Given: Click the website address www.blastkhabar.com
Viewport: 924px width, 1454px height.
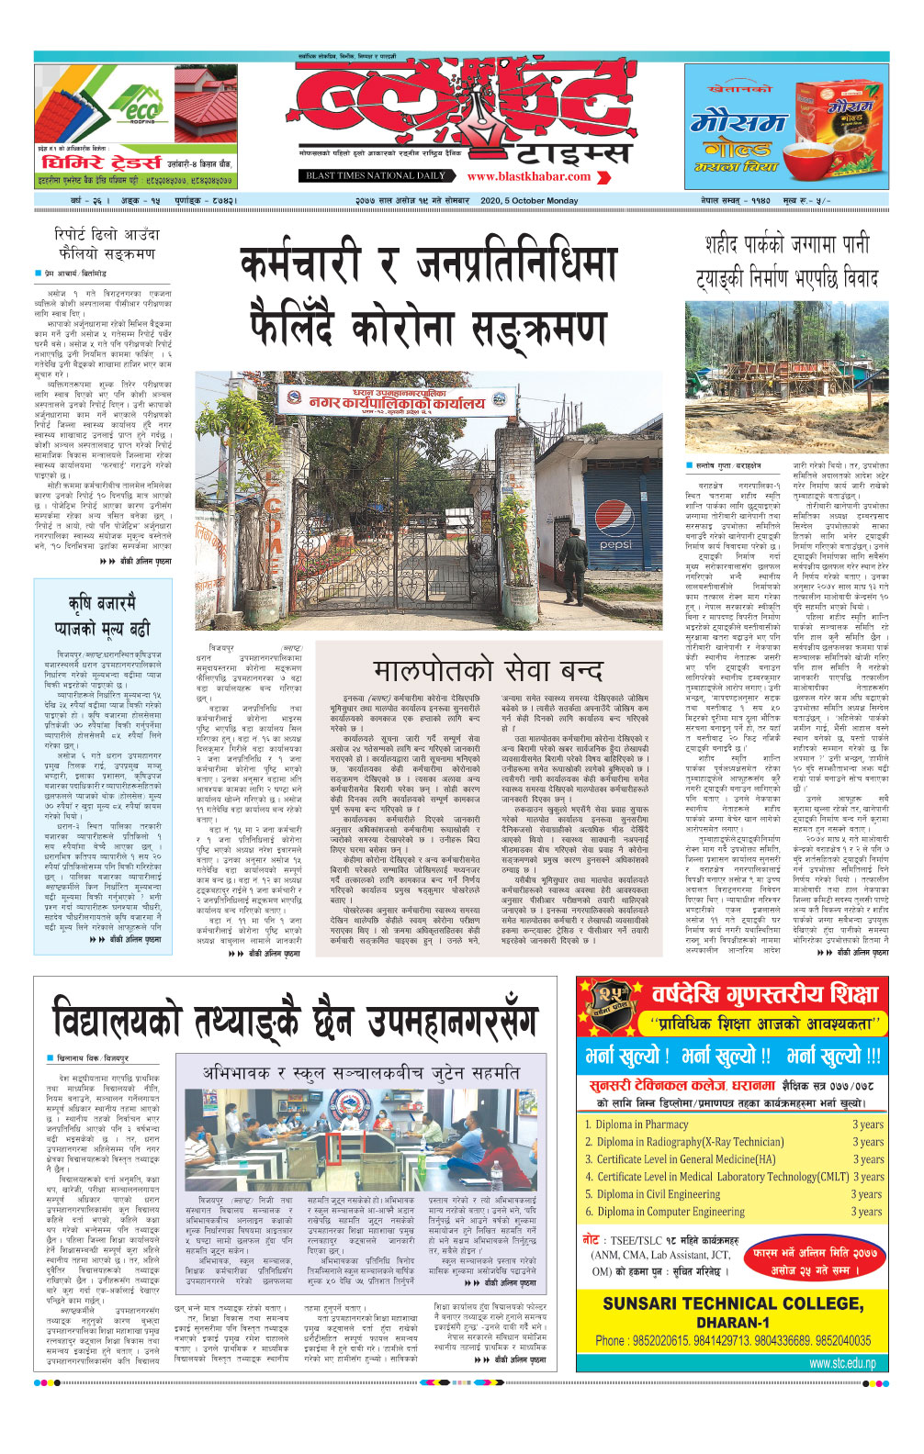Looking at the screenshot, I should pyautogui.click(x=528, y=176).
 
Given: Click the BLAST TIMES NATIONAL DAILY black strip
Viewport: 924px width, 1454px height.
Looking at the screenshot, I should pyautogui.click(x=376, y=175).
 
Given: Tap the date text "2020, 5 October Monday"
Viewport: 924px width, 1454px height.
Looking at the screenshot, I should pyautogui.click(x=529, y=200).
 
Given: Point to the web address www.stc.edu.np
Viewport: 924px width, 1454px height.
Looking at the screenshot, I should pyautogui.click(x=842, y=1363).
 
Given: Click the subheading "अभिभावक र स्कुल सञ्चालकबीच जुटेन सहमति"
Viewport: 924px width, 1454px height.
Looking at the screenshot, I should pyautogui.click(x=361, y=1073).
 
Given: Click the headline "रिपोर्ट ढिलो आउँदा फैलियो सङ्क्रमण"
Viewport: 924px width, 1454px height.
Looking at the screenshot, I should pyautogui.click(x=107, y=244).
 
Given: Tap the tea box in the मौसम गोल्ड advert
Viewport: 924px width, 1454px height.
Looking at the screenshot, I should pyautogui.click(x=835, y=119).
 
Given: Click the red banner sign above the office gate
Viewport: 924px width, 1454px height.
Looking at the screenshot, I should pyautogui.click(x=395, y=400).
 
